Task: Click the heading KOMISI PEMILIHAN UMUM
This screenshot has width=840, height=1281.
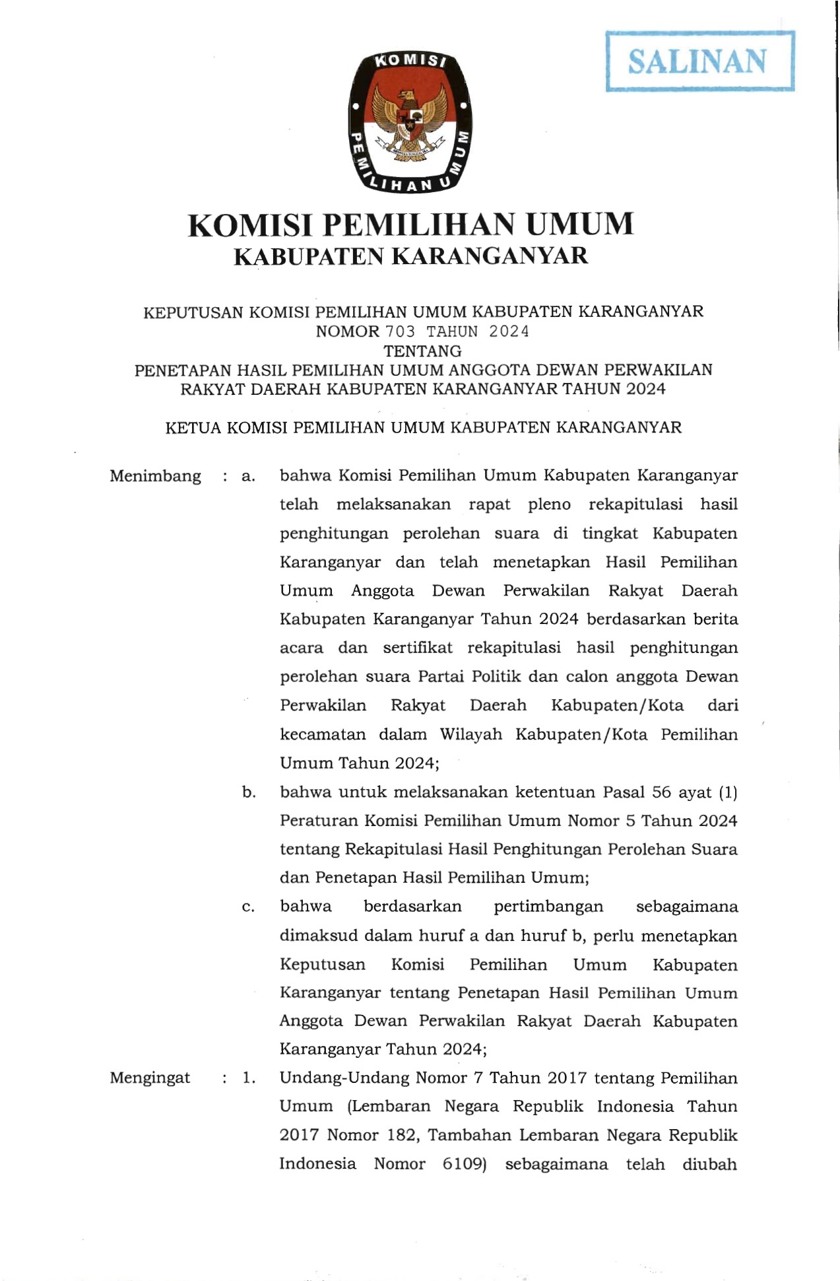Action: pyautogui.click(x=410, y=225)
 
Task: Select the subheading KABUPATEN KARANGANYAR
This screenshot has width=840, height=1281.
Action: pyautogui.click(x=410, y=256)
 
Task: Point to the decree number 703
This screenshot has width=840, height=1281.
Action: pyautogui.click(x=401, y=331)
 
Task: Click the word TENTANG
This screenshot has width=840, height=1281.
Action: pyautogui.click(x=422, y=351)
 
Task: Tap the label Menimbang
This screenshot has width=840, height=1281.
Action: pyautogui.click(x=155, y=476)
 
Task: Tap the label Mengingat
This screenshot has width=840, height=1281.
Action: pyautogui.click(x=150, y=1078)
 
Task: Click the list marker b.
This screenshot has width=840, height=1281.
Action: pyautogui.click(x=248, y=792)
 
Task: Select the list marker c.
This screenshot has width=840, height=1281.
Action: pyautogui.click(x=248, y=907)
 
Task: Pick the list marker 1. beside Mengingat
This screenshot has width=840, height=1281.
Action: pyautogui.click(x=248, y=1078)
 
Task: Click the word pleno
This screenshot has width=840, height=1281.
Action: pyautogui.click(x=549, y=505)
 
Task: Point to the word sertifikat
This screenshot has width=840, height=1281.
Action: pyautogui.click(x=417, y=648)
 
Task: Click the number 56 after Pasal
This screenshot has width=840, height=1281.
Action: pyautogui.click(x=661, y=792)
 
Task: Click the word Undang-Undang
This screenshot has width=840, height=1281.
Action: pyautogui.click(x=343, y=1078)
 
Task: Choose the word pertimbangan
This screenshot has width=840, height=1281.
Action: pyautogui.click(x=548, y=907)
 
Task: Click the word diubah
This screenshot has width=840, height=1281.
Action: pyautogui.click(x=709, y=1164)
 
